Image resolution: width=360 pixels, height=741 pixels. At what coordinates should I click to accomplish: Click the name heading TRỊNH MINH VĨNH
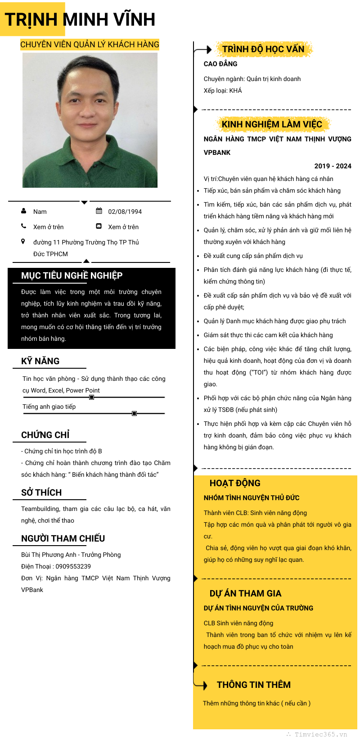80,20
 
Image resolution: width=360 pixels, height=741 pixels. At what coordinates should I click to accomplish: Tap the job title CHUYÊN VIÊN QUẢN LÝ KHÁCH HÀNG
90,45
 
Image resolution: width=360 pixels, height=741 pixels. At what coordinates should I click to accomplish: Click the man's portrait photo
90,120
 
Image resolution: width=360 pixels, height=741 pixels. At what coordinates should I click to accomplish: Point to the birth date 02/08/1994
125,212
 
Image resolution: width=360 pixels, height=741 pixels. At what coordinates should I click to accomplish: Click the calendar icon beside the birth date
99,211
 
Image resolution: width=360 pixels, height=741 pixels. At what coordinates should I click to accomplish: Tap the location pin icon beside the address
23,242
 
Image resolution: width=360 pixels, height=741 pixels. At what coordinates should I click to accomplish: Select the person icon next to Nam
24,211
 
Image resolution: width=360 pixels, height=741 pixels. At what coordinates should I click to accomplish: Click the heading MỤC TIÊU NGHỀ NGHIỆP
72,276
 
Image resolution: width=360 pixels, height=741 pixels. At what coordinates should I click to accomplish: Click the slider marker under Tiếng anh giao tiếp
134,413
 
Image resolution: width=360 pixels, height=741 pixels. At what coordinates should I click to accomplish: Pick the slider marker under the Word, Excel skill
91,398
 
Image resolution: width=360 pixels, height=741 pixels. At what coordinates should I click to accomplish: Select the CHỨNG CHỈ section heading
45,435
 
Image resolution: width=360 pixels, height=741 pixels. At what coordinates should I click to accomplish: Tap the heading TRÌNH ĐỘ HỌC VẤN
263,49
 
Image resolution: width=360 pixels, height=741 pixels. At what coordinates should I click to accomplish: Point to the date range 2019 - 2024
333,166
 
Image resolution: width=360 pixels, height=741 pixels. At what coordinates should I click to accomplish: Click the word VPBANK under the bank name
217,153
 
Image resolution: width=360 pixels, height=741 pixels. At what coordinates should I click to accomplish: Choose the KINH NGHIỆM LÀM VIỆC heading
272,124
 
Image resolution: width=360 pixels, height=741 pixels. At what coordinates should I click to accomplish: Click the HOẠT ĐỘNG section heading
235,483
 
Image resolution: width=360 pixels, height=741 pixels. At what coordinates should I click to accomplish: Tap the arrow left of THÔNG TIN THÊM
201,685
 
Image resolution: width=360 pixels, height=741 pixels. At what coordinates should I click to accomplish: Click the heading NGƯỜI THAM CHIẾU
63,538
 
